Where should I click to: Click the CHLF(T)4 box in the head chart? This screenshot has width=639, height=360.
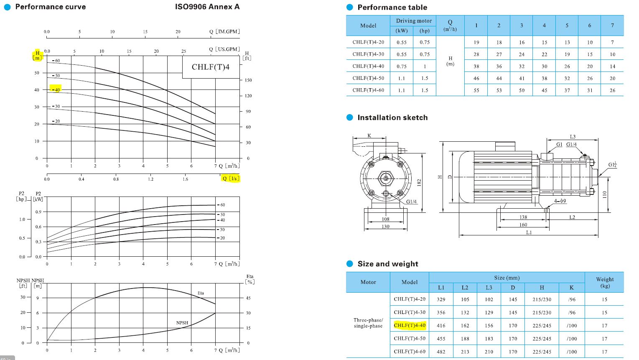tap(211, 67)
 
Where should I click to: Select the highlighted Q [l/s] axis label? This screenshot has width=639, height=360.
tap(230, 179)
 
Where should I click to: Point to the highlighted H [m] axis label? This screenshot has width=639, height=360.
tap(38, 56)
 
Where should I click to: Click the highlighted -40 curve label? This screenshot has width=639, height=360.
tap(56, 89)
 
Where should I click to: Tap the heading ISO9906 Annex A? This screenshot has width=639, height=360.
tap(207, 7)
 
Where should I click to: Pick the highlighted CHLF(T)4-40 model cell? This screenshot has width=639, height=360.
tap(410, 325)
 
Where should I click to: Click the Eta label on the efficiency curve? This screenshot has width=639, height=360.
tap(201, 293)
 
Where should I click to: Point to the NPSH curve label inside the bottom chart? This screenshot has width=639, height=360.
tap(182, 323)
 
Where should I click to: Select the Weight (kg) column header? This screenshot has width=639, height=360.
tap(605, 282)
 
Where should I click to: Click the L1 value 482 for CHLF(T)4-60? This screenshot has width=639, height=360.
tap(441, 352)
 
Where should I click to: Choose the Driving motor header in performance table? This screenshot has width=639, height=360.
tap(414, 20)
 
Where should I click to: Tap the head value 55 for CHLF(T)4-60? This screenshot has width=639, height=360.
tap(476, 90)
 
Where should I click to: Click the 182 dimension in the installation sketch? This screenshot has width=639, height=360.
tap(419, 182)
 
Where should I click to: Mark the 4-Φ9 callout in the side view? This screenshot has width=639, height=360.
tap(560, 201)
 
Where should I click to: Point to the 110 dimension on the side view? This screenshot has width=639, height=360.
tap(604, 194)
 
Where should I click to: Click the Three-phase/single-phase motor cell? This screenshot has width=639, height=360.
tap(368, 323)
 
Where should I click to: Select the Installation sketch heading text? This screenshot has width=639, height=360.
tap(392, 117)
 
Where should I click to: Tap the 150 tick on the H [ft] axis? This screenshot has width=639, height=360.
tap(248, 80)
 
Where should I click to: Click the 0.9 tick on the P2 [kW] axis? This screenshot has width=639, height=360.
tap(38, 212)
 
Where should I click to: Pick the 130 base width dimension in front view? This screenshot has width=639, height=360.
tap(385, 227)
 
